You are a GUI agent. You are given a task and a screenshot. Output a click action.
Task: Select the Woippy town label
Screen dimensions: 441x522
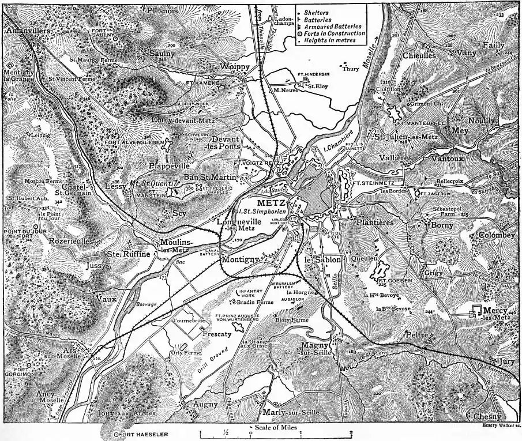(x=234, y=67)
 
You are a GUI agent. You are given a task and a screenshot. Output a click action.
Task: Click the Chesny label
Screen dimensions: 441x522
(x=487, y=416)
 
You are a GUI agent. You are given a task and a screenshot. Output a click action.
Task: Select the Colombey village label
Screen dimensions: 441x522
(x=497, y=235)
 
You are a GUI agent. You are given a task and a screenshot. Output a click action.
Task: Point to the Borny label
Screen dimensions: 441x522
(x=442, y=225)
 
